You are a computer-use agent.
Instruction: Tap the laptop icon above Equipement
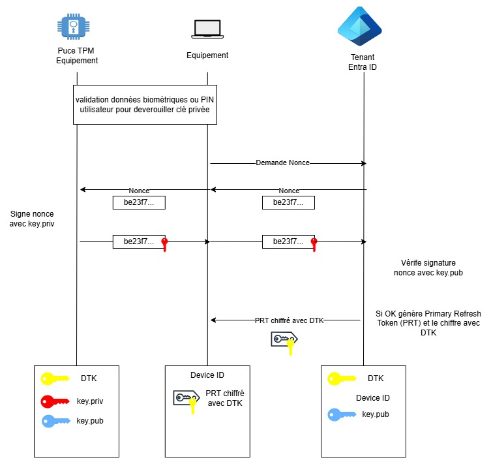207,28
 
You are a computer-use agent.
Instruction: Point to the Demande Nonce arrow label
282,162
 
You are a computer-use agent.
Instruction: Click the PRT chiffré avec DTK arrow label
289,320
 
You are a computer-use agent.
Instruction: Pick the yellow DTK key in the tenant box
341,378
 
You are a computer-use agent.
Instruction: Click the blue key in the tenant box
341,414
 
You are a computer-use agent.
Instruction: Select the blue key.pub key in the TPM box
54,420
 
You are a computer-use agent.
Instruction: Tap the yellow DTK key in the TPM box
54,378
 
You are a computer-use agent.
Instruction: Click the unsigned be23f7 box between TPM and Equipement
139,202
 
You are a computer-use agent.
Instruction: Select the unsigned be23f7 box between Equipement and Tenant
289,202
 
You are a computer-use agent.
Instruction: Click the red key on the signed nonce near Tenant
314,244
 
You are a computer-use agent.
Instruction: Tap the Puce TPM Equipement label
77,56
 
